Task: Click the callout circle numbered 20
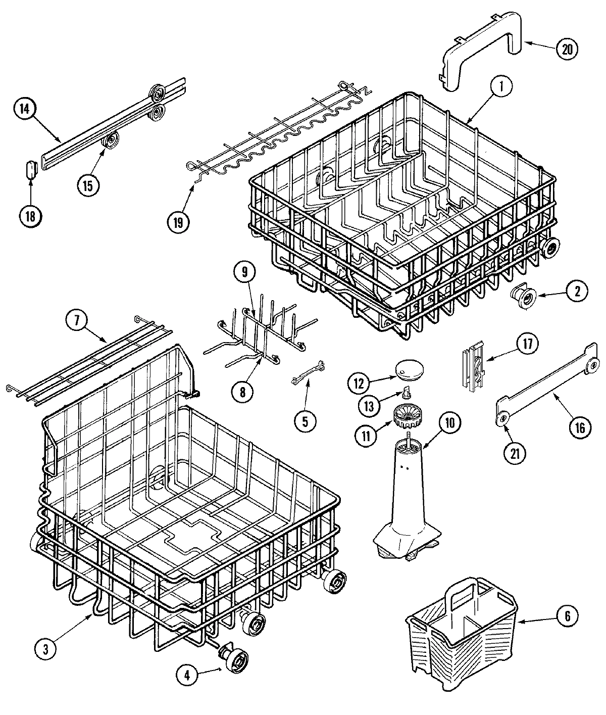tap(567, 49)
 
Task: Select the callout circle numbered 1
tap(500, 87)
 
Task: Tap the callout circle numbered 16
tap(579, 428)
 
